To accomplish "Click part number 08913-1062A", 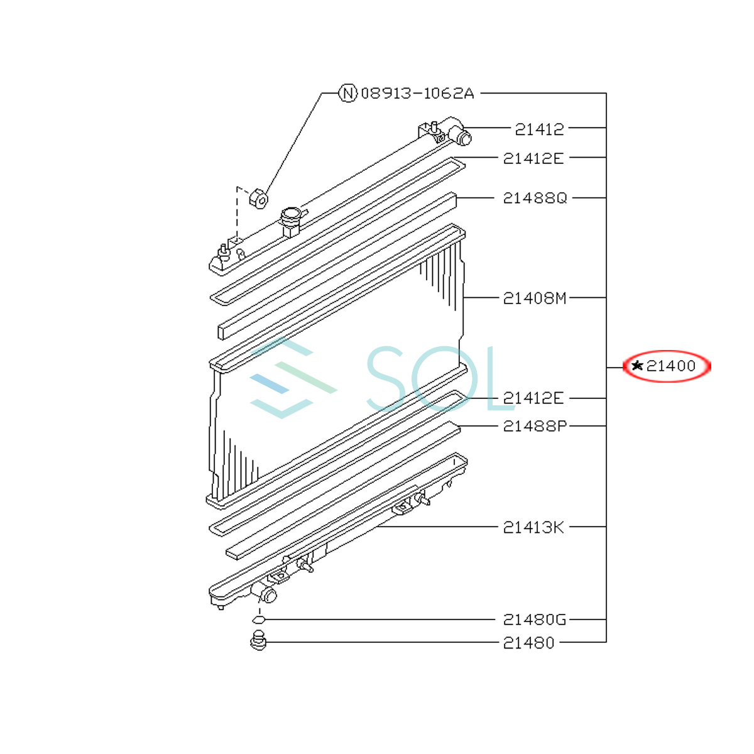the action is pyautogui.click(x=417, y=94).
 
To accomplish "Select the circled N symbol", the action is pyautogui.click(x=347, y=94).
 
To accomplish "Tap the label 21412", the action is pyautogui.click(x=539, y=129).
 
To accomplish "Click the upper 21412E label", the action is pyautogui.click(x=533, y=158).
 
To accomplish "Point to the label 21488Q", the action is pyautogui.click(x=535, y=199).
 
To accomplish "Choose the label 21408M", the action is pyautogui.click(x=535, y=298).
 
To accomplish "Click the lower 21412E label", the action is pyautogui.click(x=533, y=398).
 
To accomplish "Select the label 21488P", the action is pyautogui.click(x=535, y=426).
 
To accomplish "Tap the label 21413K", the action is pyautogui.click(x=533, y=528).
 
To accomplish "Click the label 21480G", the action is pyautogui.click(x=535, y=620).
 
